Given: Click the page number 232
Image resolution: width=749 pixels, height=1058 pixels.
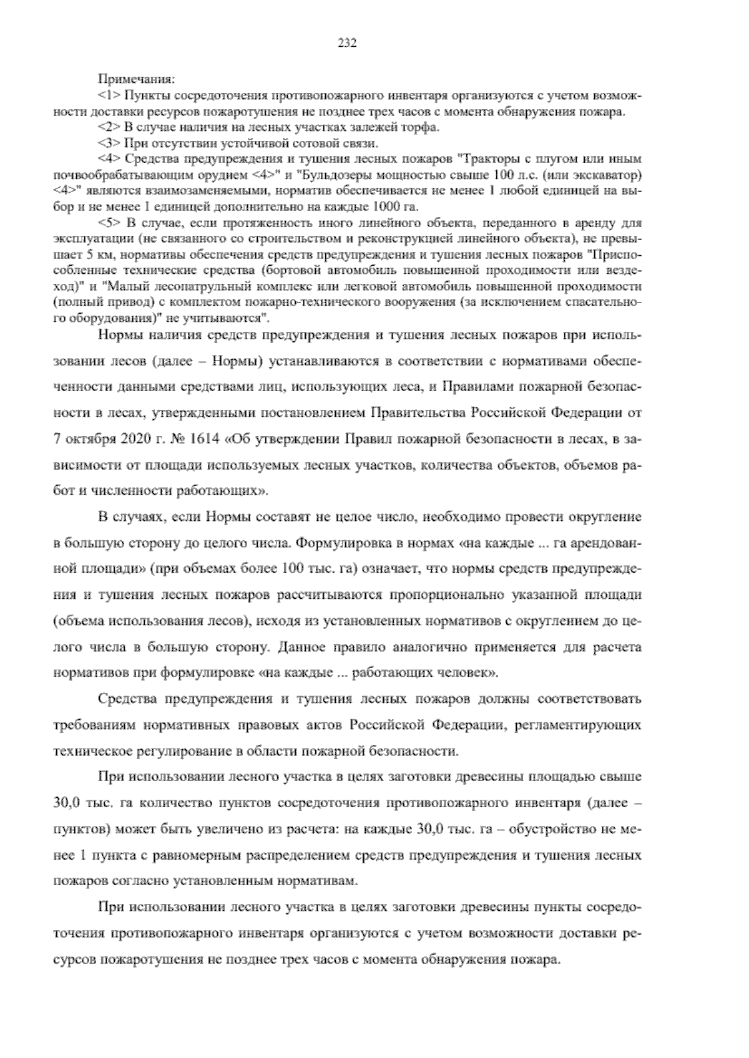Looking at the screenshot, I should coord(347,43).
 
